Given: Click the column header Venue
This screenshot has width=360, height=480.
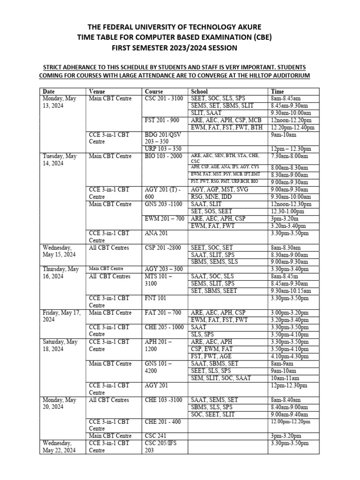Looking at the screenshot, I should (97, 91).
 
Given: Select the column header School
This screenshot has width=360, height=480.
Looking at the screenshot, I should (199, 91).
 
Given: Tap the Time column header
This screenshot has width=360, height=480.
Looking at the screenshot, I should (277, 91).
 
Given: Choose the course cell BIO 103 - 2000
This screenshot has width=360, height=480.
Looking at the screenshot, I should (164, 156).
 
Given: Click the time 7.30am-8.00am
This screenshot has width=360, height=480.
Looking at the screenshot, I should (289, 156).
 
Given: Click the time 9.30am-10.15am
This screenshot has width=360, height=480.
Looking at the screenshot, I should (291, 291).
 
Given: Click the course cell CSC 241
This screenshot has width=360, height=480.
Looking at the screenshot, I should (157, 436).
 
